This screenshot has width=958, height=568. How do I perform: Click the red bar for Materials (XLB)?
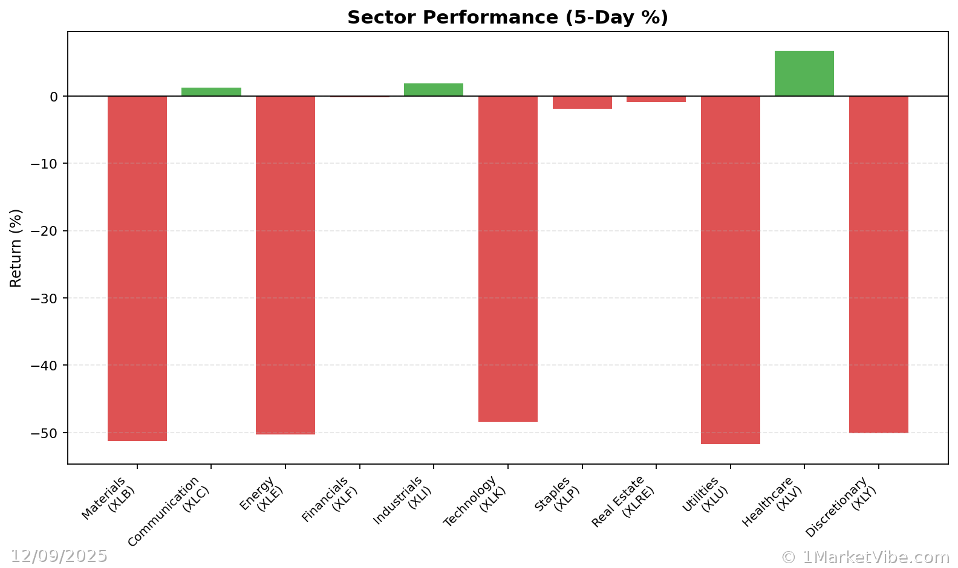coord(137,268)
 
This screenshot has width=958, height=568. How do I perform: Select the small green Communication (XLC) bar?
coord(211,92)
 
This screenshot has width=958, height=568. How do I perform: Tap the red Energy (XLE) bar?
coord(285,265)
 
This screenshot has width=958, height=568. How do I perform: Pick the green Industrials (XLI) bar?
coord(434,90)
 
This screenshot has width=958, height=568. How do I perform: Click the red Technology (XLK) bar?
coord(508,259)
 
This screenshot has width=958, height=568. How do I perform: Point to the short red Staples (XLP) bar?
coord(582,102)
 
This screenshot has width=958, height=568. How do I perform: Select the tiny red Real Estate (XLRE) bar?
coord(656,99)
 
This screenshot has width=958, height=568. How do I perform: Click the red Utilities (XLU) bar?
coord(730,269)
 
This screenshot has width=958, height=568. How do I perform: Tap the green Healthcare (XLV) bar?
coord(804,73)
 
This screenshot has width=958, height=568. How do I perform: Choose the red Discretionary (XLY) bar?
coord(878,265)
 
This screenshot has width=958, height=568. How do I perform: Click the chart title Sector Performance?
coord(507,18)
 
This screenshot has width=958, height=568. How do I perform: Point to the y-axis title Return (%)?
coord(16,248)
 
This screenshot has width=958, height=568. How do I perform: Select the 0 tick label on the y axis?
coord(54,97)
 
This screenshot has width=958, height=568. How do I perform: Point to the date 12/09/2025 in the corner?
coord(59,556)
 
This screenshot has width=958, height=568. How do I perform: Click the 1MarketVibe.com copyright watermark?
coord(865,557)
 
